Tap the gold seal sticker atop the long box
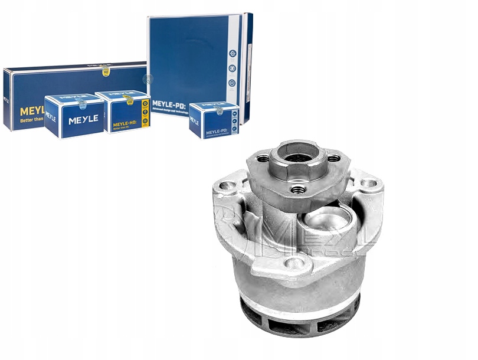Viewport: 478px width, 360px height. point(105,70)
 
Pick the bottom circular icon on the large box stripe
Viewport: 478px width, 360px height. point(232,83)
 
